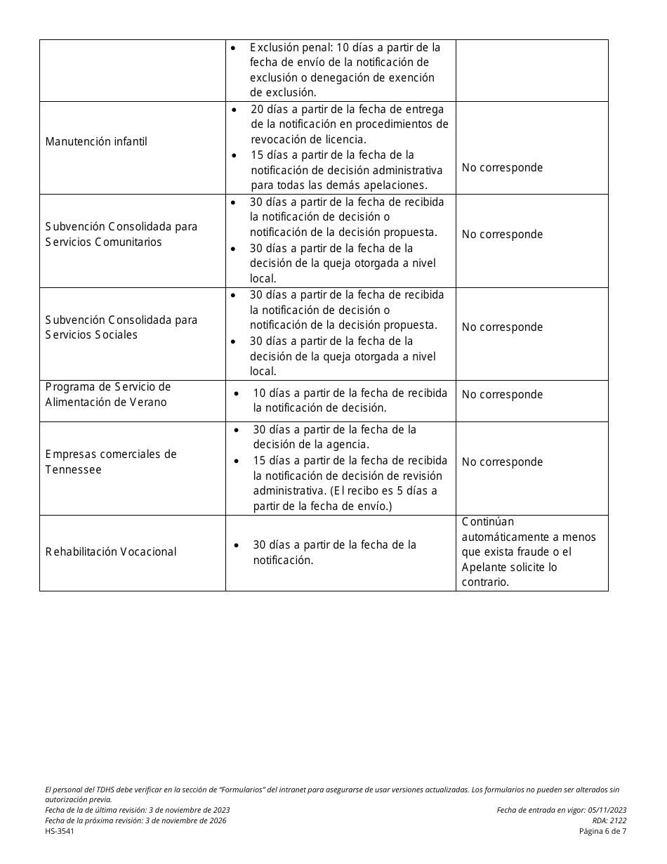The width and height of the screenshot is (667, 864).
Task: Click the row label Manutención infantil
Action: [96, 142]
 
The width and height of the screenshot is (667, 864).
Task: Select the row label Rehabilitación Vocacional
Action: [111, 552]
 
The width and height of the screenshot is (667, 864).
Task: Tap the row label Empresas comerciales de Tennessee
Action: [111, 462]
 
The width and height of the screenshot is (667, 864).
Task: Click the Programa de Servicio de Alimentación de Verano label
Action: [108, 395]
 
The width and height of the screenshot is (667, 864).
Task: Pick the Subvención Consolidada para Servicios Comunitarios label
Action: [121, 235]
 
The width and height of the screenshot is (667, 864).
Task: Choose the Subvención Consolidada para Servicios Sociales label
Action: [121, 327]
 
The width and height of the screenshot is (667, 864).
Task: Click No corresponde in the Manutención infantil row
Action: [502, 168]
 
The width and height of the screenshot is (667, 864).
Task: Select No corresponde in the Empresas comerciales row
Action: [502, 462]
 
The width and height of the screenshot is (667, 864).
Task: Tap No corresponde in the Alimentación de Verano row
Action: [502, 395]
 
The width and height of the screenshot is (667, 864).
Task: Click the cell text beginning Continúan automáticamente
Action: [529, 552]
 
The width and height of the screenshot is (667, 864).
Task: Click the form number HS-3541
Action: [60, 831]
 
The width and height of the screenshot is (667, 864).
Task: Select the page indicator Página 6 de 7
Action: [602, 831]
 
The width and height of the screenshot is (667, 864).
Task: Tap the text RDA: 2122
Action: [609, 820]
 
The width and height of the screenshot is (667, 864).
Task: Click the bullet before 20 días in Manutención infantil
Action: [235, 110]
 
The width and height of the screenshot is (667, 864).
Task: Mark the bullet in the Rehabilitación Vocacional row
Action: [237, 545]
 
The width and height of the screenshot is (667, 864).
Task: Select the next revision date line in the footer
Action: [136, 820]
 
